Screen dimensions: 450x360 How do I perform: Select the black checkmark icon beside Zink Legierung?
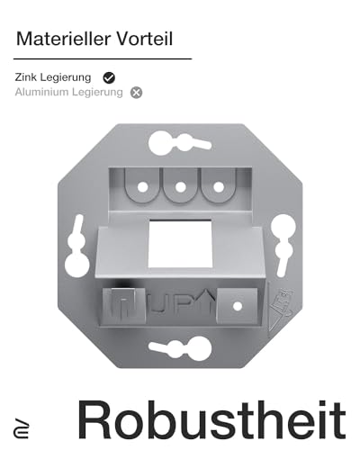110,77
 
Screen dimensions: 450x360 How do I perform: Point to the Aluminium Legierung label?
68,92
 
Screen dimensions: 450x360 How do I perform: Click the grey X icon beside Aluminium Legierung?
136,92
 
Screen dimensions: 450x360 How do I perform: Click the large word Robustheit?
212,419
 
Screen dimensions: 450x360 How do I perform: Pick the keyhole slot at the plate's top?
180,141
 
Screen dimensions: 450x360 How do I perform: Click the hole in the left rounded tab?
141,187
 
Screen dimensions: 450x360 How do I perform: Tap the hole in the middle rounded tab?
180,187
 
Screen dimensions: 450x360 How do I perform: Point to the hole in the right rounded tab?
217,187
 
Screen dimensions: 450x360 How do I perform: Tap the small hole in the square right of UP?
237,306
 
